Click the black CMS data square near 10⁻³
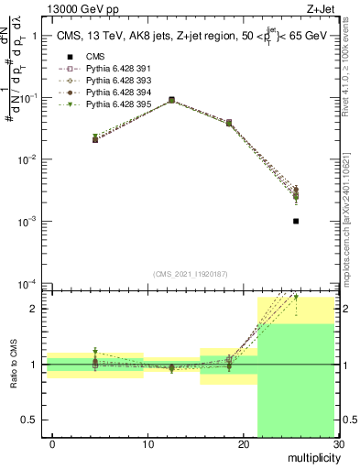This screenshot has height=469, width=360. point(296,221)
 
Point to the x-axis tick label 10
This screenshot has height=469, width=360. point(147,444)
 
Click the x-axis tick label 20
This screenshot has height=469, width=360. point(243,444)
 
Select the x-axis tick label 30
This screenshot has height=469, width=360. point(337,444)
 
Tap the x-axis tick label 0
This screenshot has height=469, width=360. point(52,444)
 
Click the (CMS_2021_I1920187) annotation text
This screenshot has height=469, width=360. point(190,274)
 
